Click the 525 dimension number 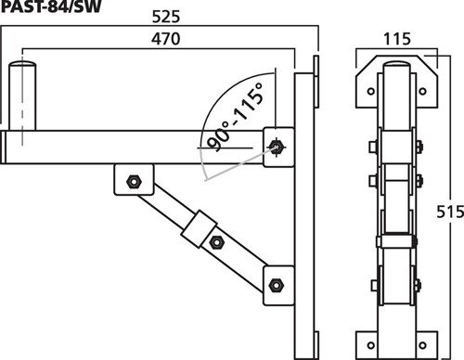click(x=166, y=17)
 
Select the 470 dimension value click(x=165, y=39)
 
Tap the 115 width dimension click(x=397, y=39)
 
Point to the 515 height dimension click(x=450, y=212)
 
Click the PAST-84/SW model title click(x=51, y=6)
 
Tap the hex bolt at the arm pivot click(x=276, y=147)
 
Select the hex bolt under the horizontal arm click(x=134, y=182)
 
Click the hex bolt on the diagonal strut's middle click(x=216, y=242)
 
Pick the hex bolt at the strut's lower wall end click(x=276, y=285)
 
